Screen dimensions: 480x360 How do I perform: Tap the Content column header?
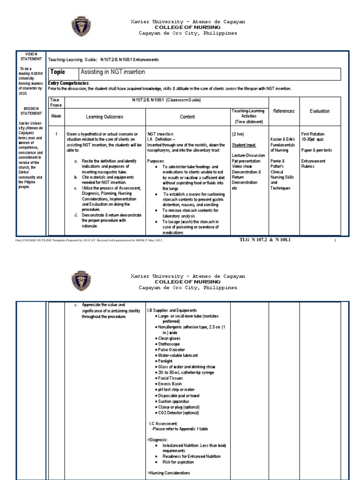187,117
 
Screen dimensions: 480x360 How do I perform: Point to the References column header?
284,111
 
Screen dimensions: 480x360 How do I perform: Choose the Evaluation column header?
319,111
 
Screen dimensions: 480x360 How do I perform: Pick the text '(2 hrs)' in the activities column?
238,134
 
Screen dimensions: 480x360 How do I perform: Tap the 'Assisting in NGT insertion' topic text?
113,72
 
